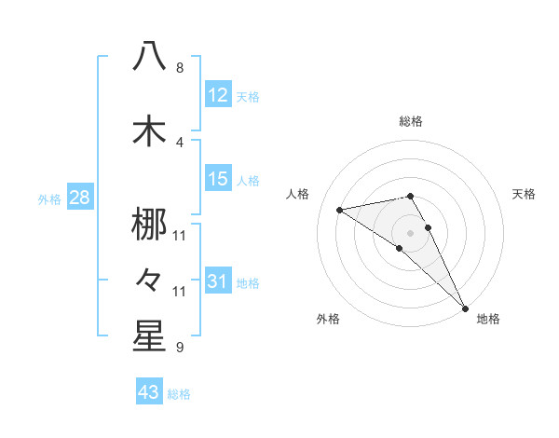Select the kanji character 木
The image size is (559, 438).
(149, 130)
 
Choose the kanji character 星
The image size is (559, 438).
(149, 336)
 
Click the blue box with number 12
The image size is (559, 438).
(218, 95)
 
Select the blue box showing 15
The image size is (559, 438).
(218, 179)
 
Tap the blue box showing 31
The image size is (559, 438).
(218, 281)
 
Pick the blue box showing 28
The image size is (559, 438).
(79, 198)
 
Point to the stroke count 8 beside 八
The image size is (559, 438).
(180, 68)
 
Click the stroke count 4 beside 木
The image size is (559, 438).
(180, 143)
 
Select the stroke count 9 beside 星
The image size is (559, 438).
(180, 348)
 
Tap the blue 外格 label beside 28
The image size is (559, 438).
(48, 198)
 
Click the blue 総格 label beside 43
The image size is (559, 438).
(179, 394)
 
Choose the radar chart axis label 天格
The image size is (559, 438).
(525, 194)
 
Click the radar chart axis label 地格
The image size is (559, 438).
(488, 319)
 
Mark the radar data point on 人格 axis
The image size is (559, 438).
(339, 210)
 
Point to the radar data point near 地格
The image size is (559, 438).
(464, 307)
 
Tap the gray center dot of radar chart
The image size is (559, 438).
(410, 232)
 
